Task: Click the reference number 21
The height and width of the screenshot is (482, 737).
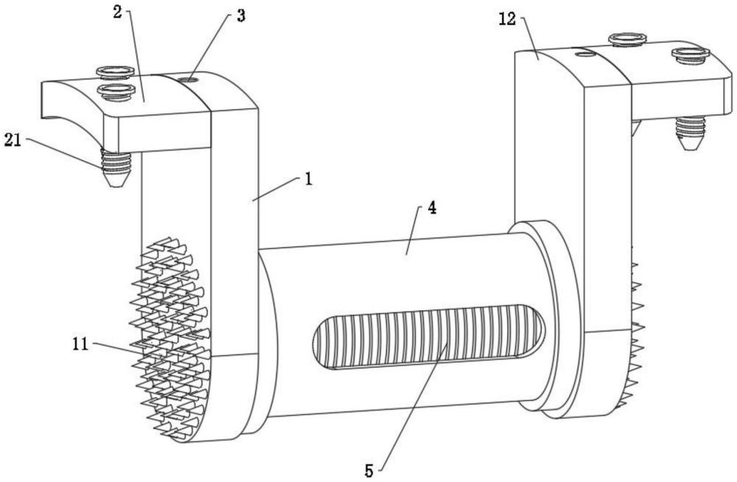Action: click(x=13, y=140)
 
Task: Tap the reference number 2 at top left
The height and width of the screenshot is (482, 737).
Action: click(x=117, y=13)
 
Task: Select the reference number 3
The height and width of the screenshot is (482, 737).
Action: click(x=241, y=16)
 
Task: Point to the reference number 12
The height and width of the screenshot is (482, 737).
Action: click(x=508, y=20)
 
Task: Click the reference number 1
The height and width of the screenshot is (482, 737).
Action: click(x=308, y=179)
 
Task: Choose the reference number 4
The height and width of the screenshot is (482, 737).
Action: click(x=431, y=208)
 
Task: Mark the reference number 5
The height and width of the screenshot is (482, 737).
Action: click(x=369, y=471)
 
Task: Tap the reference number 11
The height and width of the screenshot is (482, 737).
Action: click(x=80, y=343)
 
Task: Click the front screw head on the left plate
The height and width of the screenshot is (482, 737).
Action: click(x=115, y=91)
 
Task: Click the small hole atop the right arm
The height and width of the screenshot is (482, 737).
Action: click(x=586, y=54)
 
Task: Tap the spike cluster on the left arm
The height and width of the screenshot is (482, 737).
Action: click(x=171, y=338)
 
